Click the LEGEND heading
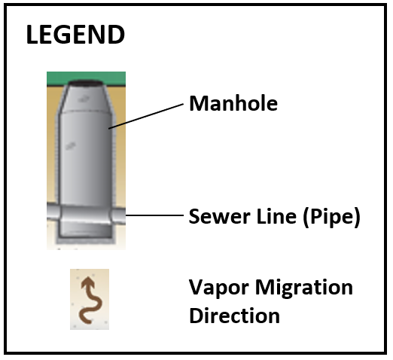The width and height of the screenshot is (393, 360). click(75, 35)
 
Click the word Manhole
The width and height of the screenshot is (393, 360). click(233, 103)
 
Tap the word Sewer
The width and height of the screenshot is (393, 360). click(220, 216)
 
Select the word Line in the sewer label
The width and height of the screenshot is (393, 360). click(276, 216)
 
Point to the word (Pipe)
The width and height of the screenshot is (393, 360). click(332, 217)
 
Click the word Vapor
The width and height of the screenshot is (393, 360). click(218, 288)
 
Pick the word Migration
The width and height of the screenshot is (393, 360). click(304, 288)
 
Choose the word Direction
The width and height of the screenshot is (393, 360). click(234, 316)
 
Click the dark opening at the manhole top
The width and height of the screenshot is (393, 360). click(86, 83)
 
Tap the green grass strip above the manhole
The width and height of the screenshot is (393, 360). click(86, 78)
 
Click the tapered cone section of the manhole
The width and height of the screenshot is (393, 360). click(86, 99)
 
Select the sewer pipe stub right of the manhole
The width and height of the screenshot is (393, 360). click(118, 215)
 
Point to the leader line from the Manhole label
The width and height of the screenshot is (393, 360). click(146, 116)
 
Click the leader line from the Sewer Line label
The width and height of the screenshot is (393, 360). click(154, 215)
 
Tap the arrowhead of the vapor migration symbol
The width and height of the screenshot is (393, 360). click(88, 282)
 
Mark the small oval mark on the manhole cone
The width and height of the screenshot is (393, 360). click(84, 99)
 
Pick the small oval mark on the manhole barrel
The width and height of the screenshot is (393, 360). click(71, 145)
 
